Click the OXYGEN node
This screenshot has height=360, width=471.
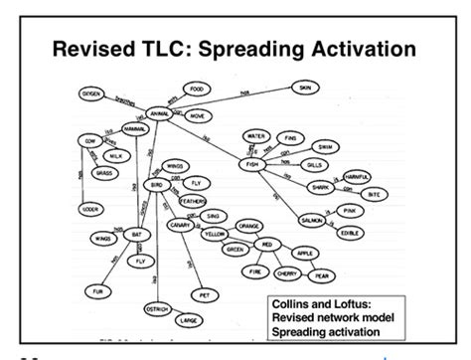coord(83,92)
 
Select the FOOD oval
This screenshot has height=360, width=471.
coord(199,90)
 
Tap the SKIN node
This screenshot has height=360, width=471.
coord(304,89)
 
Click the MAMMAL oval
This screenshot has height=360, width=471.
coord(136,129)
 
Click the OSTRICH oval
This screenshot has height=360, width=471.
coord(157,307)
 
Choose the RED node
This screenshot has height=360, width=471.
coord(267,244)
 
